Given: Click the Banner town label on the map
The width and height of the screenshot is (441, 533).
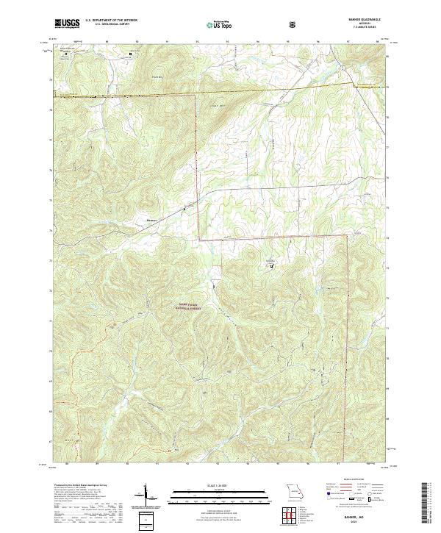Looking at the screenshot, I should click(152, 218).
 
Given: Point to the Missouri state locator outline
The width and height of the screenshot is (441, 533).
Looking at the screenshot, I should click(294, 490).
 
